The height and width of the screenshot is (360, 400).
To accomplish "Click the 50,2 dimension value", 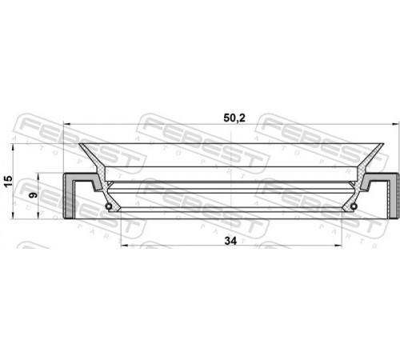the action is point(234,118).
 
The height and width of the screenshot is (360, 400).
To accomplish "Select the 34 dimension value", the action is point(230,241).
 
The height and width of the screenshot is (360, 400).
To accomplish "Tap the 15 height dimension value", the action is point(9,182).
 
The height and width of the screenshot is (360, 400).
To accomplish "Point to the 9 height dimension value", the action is point(33,195).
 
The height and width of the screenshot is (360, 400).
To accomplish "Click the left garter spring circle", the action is point(109,206).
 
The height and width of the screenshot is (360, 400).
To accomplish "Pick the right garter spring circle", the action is point(354,206).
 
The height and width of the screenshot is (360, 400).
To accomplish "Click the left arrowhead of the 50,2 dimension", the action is point(66,124).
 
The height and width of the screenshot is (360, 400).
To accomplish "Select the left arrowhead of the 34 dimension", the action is point(124,246).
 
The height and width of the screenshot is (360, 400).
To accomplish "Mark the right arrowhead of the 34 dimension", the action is point(338,246).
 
